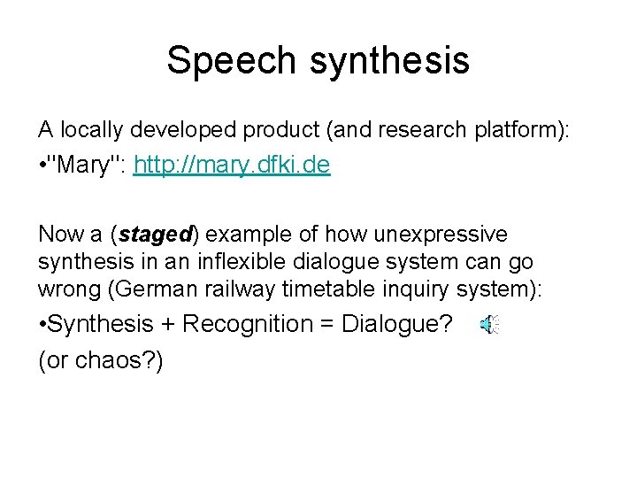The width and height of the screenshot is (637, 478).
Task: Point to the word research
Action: click(415, 131)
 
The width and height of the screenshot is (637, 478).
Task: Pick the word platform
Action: click(520, 131)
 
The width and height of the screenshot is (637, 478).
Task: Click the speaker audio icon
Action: click(489, 326)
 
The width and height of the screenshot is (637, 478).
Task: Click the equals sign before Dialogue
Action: click(330, 325)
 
